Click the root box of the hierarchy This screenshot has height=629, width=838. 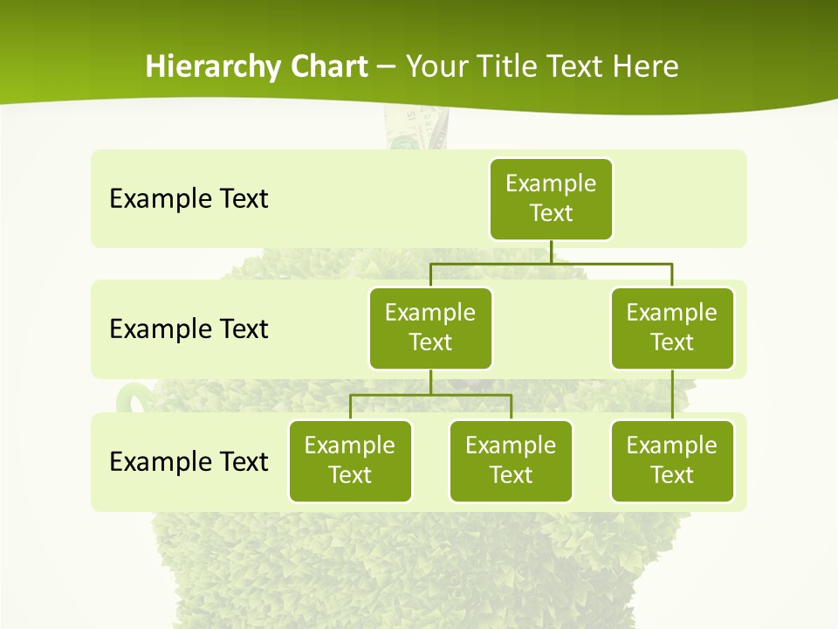coord(551,198)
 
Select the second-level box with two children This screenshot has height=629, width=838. coord(430,328)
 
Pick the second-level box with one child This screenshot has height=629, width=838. coord(672,328)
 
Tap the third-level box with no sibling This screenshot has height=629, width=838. coord(672,460)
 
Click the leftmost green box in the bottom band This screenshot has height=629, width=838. coord(350,460)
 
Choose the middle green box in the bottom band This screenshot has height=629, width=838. coord(511,460)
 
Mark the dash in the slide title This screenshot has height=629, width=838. coord(386,67)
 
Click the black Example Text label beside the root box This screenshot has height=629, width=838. coord(189,198)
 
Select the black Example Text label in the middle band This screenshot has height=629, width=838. coord(189,328)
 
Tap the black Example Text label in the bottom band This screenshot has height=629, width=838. coord(189,461)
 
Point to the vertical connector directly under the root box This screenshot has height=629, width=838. coord(551,251)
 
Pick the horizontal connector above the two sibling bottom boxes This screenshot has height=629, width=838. coord(430,395)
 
